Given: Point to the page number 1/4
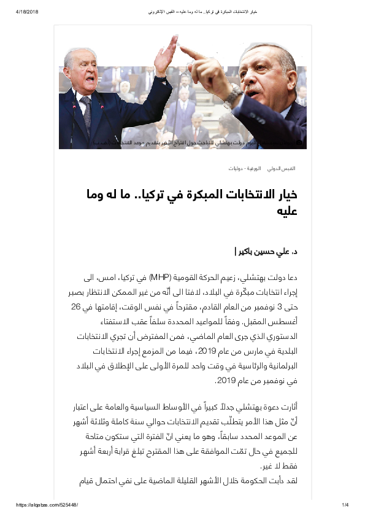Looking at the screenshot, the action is pos(345,505).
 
